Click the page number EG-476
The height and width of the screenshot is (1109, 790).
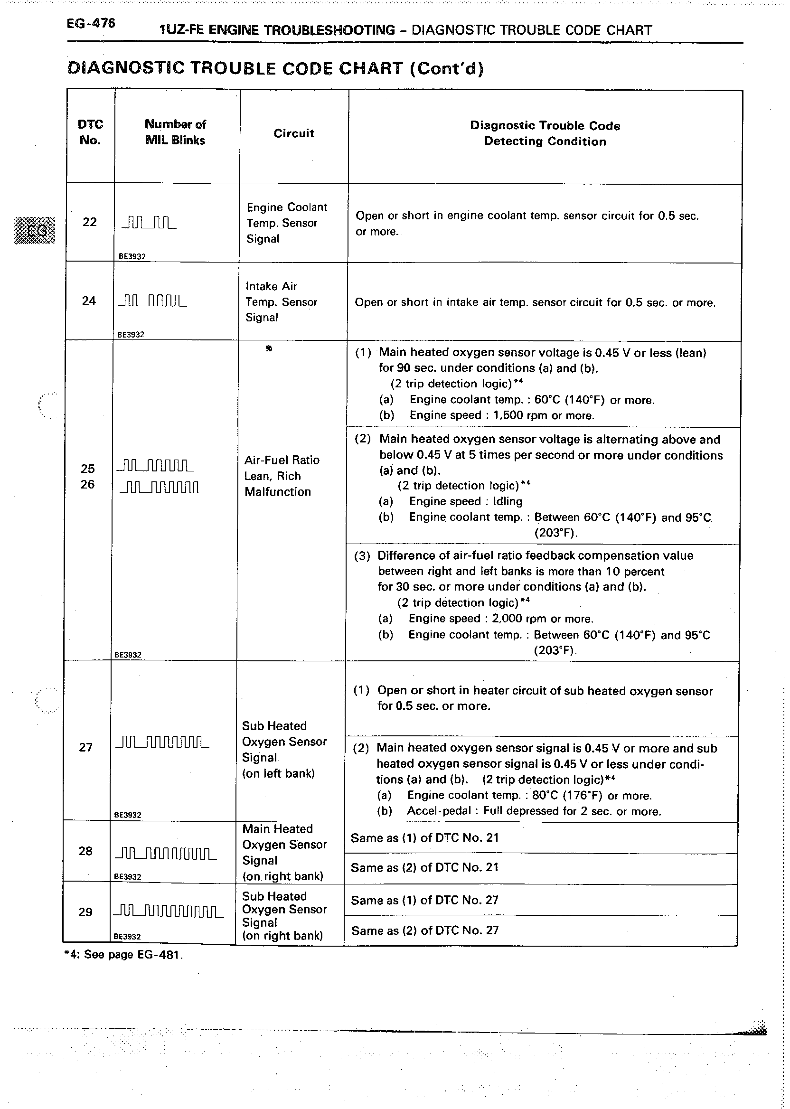tap(91, 23)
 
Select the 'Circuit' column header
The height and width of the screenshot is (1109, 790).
tap(294, 133)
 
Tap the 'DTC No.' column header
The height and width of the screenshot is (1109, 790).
tap(91, 132)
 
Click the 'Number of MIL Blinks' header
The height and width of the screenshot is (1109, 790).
tap(176, 132)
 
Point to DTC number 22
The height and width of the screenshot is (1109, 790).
tap(90, 222)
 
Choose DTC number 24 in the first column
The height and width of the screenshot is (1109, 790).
tap(88, 301)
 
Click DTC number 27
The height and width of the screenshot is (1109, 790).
tap(85, 747)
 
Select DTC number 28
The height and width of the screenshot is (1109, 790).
tap(85, 851)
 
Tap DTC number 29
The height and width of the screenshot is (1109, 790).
tap(85, 912)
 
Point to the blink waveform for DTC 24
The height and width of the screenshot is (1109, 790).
tap(152, 301)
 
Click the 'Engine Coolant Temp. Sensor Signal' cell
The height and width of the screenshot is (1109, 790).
tap(287, 223)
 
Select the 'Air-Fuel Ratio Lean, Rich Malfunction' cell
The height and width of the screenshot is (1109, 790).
tap(282, 476)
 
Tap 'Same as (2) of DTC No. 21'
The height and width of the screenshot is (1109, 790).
tap(425, 867)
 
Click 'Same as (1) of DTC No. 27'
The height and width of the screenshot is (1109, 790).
tap(425, 900)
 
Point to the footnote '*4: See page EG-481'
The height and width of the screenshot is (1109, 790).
tap(123, 954)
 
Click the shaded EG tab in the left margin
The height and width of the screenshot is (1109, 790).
tap(35, 230)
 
